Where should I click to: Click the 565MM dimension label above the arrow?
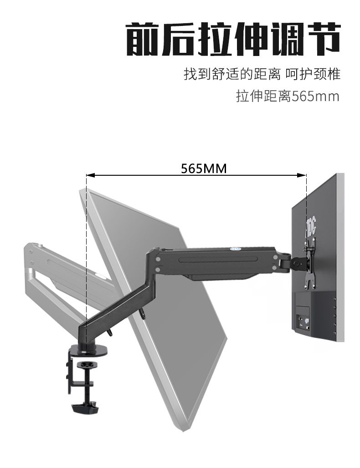pos(204,168)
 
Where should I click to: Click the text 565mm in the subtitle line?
pos(315,97)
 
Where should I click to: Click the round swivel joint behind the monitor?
pos(297,263)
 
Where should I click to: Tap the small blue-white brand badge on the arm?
pos(174,249)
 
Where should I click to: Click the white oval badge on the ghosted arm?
pos(99,275)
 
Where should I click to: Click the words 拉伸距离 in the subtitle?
pos(263,97)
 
